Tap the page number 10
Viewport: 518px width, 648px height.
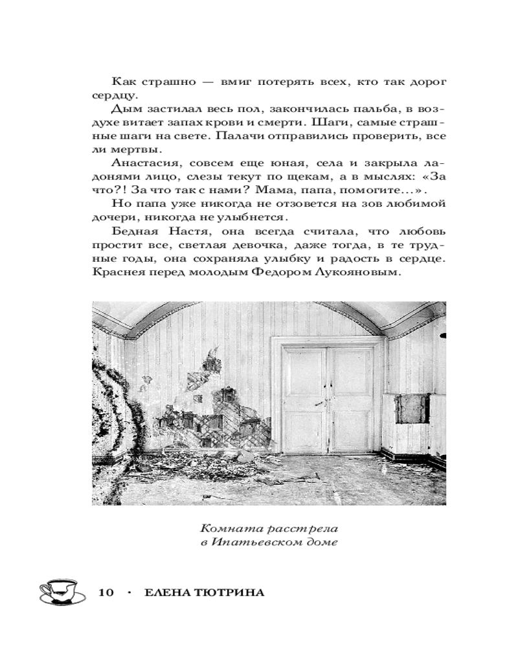click(x=106, y=594)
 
